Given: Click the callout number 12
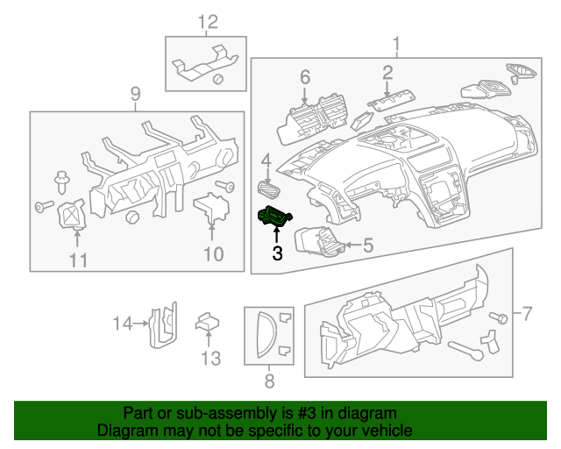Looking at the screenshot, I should [206, 21].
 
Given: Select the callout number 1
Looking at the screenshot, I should [395, 43].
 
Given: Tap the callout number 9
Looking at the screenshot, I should [135, 94].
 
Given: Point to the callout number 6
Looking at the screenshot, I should [305, 77].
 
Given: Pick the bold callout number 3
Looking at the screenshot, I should [277, 253].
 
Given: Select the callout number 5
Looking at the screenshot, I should [367, 246].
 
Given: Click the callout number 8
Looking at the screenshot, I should [269, 381].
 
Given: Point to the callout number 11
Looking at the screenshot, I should [79, 260].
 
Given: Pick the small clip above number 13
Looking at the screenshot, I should [207, 323].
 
